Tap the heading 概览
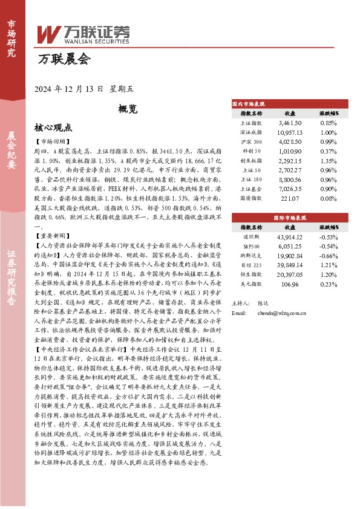(x=128, y=109)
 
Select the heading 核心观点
(x=53, y=128)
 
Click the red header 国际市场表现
(x=289, y=216)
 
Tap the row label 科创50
(x=252, y=151)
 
